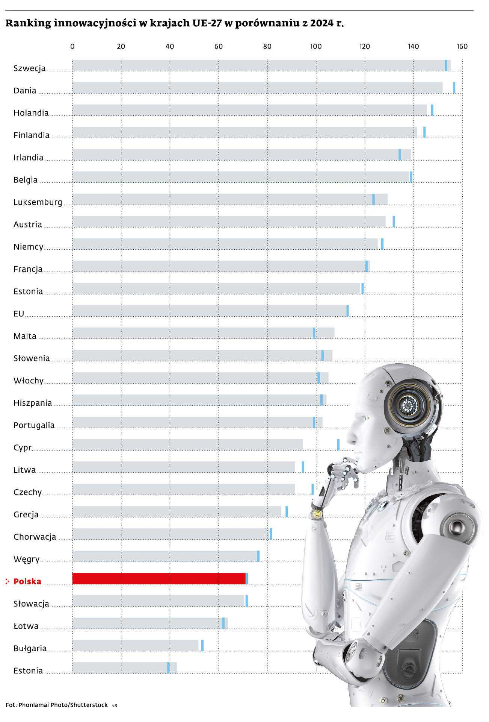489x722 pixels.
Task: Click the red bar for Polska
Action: (x=158, y=579)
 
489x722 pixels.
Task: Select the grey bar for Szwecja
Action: (x=259, y=65)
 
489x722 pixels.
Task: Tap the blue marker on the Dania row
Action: (x=454, y=88)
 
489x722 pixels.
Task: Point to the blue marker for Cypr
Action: (x=338, y=444)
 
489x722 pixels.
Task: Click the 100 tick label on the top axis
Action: (x=316, y=47)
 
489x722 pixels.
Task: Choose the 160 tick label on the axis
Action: (x=462, y=47)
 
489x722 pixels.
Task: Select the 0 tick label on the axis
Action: (x=72, y=47)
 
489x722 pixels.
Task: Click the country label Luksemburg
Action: (x=38, y=202)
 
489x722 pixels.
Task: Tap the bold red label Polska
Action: (x=27, y=581)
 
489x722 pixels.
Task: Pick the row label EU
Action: (x=19, y=314)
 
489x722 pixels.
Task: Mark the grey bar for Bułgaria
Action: (x=135, y=646)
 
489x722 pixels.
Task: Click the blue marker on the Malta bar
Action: (x=314, y=333)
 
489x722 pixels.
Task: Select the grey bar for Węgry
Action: (x=165, y=556)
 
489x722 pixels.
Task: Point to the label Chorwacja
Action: (x=35, y=537)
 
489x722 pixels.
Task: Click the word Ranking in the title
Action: (x=28, y=24)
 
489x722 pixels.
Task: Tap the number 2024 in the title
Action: (x=321, y=24)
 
